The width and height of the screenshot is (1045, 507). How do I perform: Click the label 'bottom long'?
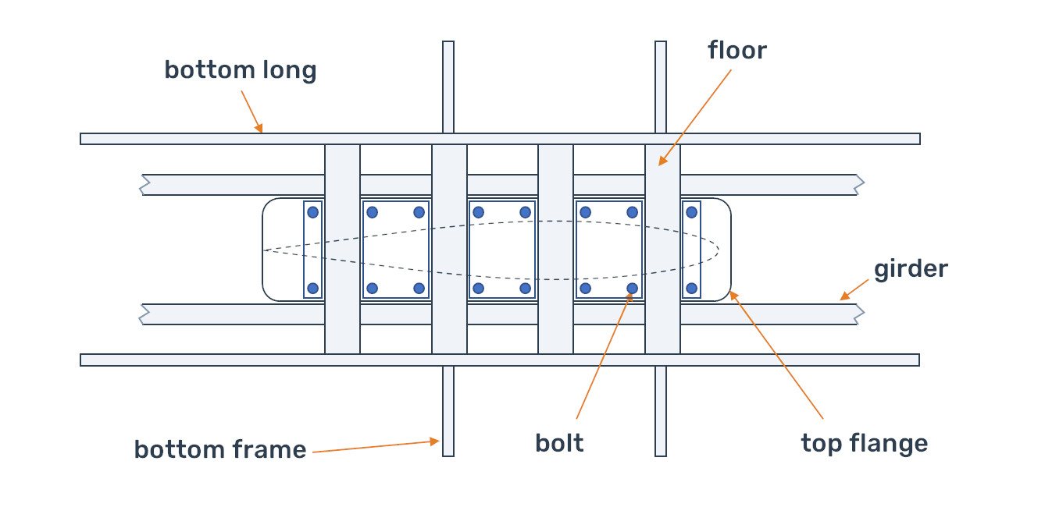(240, 70)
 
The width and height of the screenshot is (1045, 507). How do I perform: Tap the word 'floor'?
(736, 51)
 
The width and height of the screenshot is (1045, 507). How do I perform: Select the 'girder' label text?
(910, 269)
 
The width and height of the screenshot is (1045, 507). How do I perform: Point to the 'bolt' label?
(559, 443)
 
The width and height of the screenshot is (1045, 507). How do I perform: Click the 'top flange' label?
(864, 443)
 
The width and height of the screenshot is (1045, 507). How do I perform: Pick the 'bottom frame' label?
(219, 449)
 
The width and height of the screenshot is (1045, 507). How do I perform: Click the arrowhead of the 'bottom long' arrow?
(261, 130)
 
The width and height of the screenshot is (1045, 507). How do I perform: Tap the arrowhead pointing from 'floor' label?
(660, 163)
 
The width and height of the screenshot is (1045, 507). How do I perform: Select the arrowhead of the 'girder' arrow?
(843, 297)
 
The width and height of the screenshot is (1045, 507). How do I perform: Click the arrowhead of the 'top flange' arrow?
(732, 294)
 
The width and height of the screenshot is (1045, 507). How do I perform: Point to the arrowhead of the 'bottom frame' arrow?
(437, 441)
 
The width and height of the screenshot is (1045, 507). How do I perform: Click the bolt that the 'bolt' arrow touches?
(633, 289)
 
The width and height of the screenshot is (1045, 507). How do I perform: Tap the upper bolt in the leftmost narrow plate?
(313, 211)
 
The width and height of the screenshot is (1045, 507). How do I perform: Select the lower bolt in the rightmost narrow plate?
(691, 289)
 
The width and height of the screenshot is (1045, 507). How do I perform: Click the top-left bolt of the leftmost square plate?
(373, 211)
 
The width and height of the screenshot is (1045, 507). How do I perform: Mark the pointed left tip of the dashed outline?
(264, 250)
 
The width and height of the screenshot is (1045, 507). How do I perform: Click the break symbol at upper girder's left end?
(144, 185)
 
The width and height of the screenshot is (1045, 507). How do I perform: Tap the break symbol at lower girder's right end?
(861, 314)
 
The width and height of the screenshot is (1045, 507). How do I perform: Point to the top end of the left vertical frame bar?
(448, 43)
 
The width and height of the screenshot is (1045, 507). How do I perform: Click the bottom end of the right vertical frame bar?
(661, 454)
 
